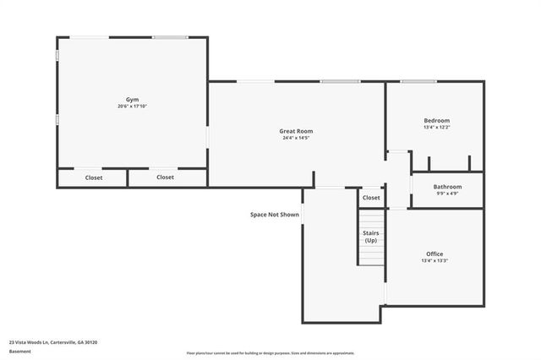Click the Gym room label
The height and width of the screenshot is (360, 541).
133,99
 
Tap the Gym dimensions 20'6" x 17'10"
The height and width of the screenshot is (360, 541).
133,106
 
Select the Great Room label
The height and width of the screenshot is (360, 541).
297,131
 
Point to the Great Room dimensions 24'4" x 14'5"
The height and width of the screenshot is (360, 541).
297,139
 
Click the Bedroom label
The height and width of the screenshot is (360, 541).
436,121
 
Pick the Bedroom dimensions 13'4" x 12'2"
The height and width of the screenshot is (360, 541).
436,128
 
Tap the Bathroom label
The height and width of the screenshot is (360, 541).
447,186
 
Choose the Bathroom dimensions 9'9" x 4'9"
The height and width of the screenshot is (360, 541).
447,194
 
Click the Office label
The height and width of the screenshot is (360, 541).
434,254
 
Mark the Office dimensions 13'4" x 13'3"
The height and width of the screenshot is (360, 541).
434,261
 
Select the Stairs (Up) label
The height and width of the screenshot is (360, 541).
371,236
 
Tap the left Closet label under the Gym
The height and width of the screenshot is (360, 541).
94,177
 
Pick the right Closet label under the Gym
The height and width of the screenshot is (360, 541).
165,177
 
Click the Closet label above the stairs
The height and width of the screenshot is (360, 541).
371,198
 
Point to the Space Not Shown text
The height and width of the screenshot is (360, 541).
275,215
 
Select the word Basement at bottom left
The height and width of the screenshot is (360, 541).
19,352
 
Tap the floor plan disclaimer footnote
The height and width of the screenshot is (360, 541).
270,353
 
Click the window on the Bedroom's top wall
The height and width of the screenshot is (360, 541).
418,81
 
